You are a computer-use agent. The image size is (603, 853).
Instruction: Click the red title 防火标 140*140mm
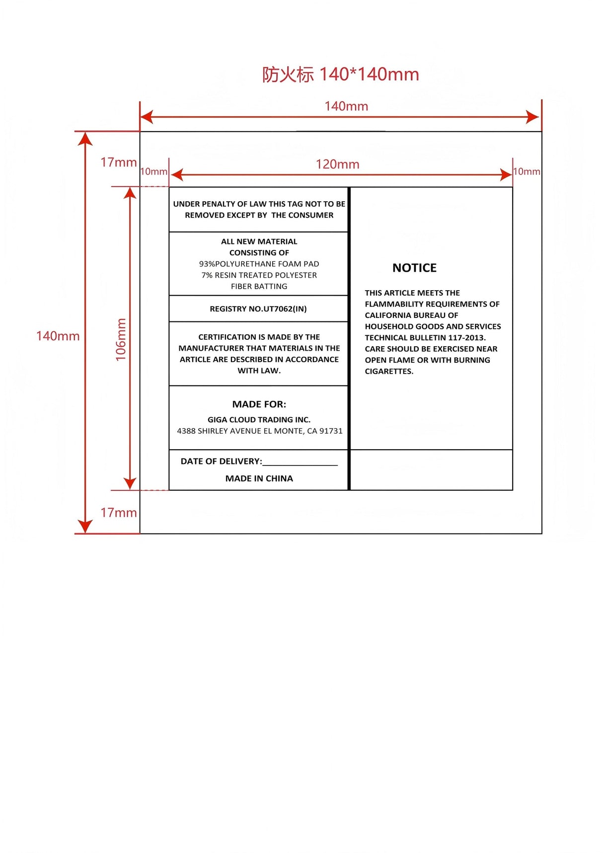pyautogui.click(x=341, y=75)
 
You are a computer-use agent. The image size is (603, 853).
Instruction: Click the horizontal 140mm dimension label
pyautogui.click(x=346, y=106)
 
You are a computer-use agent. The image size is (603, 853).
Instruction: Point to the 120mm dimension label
pyautogui.click(x=337, y=164)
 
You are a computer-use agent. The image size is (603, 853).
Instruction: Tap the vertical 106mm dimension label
pyautogui.click(x=121, y=340)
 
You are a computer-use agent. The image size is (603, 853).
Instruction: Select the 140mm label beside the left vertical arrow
pyautogui.click(x=58, y=336)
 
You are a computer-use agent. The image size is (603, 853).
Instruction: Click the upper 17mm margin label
pyautogui.click(x=118, y=162)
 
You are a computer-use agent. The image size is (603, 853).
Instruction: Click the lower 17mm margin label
pyautogui.click(x=118, y=513)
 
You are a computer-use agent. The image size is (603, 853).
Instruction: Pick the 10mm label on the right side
pyautogui.click(x=527, y=172)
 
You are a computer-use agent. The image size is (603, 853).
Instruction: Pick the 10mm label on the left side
pyautogui.click(x=154, y=172)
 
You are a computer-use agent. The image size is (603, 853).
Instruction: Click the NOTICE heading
pyautogui.click(x=414, y=268)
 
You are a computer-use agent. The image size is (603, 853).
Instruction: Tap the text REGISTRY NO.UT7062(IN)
pyautogui.click(x=258, y=309)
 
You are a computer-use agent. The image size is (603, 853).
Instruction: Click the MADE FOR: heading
pyautogui.click(x=259, y=404)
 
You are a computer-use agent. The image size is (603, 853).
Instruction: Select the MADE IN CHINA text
pyautogui.click(x=259, y=478)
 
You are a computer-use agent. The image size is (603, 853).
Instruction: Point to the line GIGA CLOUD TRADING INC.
pyautogui.click(x=259, y=420)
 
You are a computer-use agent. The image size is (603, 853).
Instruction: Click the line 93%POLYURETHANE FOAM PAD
pyautogui.click(x=259, y=264)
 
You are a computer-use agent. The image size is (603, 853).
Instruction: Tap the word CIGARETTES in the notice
pyautogui.click(x=388, y=372)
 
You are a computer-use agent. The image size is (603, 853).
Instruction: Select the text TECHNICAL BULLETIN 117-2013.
pyautogui.click(x=425, y=338)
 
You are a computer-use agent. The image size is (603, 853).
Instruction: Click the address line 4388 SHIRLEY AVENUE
pyautogui.click(x=260, y=431)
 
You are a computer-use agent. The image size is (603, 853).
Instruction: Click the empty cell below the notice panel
pyautogui.click(x=431, y=470)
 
